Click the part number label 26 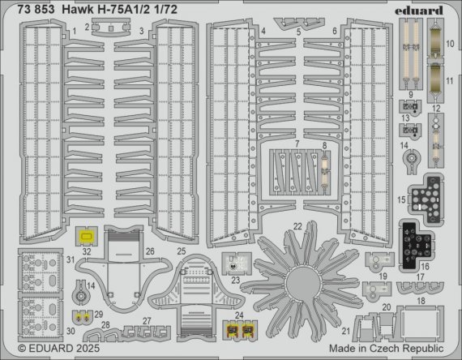coord(151,251)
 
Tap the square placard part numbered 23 coord(235,262)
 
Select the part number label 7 coord(297,144)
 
